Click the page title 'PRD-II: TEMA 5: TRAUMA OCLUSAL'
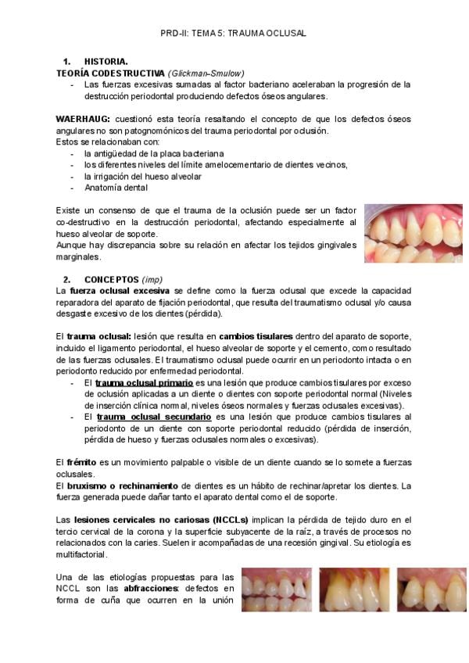coord(233,34)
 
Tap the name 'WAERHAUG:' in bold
coord(83,118)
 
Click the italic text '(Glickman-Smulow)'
coord(201,72)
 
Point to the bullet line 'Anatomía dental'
coord(116,188)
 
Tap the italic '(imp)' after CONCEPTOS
coord(153,279)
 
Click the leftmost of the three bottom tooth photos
coord(277,589)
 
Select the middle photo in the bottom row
coord(355,589)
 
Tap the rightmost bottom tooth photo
coord(433,589)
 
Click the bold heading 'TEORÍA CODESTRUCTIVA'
coord(110,72)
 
